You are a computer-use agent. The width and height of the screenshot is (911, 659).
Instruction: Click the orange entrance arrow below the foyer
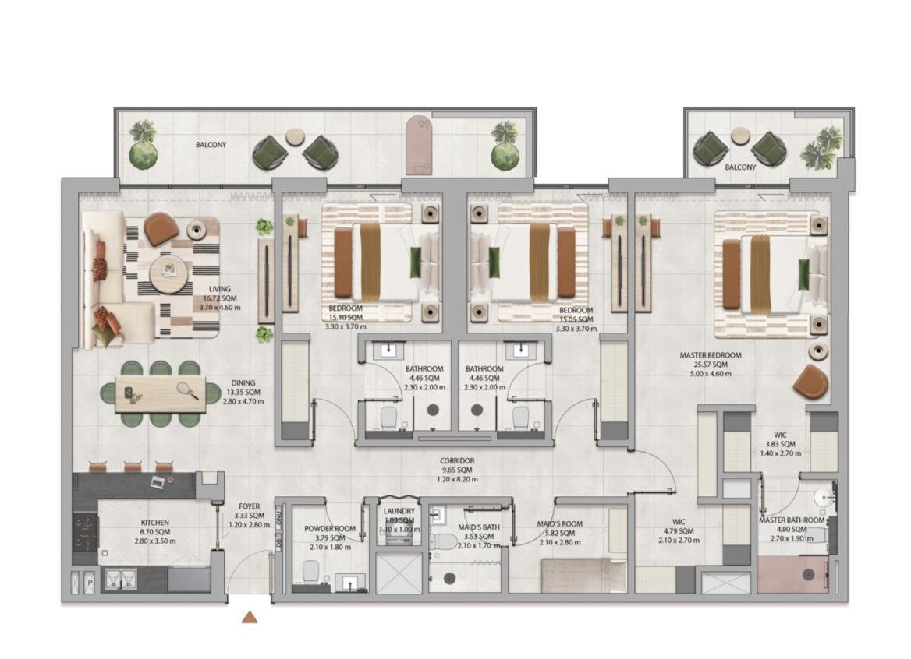coord(250,617)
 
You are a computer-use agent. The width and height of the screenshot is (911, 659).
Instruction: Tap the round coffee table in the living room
coord(168,274)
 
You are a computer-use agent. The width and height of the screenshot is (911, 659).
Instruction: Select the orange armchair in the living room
coord(161,228)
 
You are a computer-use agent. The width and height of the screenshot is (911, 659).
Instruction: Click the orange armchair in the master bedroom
coord(811,382)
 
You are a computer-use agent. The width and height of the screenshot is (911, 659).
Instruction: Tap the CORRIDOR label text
coord(456,461)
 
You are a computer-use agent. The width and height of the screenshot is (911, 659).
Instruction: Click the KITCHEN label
coord(154,523)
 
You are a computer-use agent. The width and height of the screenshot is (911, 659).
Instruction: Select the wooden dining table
coord(161,394)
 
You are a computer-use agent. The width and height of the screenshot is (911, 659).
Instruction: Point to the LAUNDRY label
coord(399,511)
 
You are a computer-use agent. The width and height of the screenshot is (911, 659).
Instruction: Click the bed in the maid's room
coord(583,576)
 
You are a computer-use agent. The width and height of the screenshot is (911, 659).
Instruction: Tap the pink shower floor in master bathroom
coord(792,576)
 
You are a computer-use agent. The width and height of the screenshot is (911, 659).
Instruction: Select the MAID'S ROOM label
coord(560,524)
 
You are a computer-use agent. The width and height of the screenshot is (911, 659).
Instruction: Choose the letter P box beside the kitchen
coord(90,582)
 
